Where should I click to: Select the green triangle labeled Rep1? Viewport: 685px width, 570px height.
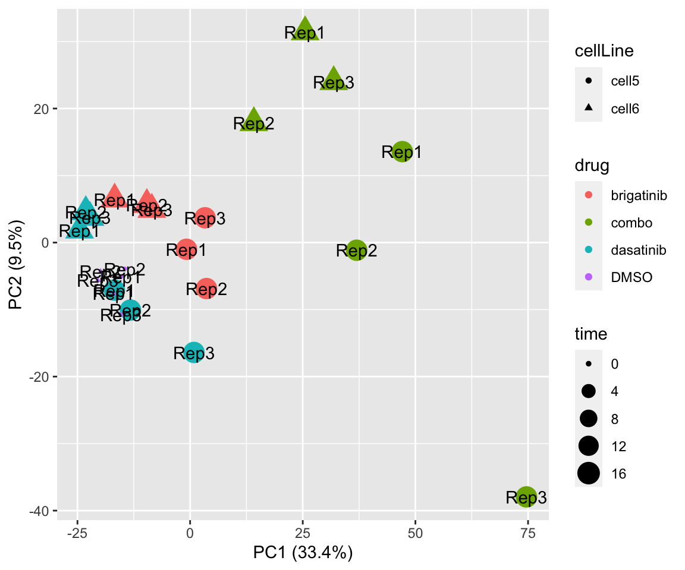(x=305, y=30)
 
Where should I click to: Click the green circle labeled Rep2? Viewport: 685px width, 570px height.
(x=356, y=250)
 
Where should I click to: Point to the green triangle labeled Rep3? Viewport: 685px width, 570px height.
(x=334, y=80)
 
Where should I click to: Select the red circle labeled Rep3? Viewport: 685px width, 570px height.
(x=205, y=218)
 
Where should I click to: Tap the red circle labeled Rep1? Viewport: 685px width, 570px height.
(x=187, y=249)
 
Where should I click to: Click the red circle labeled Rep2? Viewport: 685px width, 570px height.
(x=206, y=289)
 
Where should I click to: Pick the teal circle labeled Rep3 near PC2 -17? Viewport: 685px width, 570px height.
(x=194, y=353)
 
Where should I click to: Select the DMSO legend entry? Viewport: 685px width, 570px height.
(x=624, y=277)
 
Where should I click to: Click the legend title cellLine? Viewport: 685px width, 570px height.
(x=604, y=51)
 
